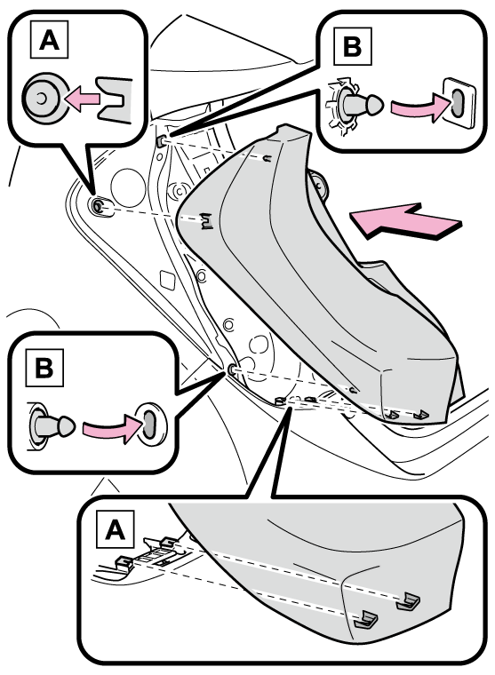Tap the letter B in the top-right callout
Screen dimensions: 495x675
pyautogui.click(x=353, y=46)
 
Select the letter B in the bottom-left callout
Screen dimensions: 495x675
pyautogui.click(x=44, y=368)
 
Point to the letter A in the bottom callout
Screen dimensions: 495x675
pyautogui.click(x=115, y=529)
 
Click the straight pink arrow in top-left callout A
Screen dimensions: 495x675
pyautogui.click(x=82, y=99)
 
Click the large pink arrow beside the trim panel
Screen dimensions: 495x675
pyautogui.click(x=405, y=221)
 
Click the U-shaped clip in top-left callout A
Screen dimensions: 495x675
pyautogui.click(x=114, y=99)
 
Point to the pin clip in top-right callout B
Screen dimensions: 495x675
pyautogui.click(x=354, y=105)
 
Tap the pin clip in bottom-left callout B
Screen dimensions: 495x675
pyautogui.click(x=51, y=425)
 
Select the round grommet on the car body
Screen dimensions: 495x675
pyautogui.click(x=99, y=205)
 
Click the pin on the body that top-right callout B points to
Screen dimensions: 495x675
pyautogui.click(x=163, y=140)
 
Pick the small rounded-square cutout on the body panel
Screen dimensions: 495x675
pyautogui.click(x=167, y=280)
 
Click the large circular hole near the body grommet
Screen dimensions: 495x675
pyautogui.click(x=128, y=187)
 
